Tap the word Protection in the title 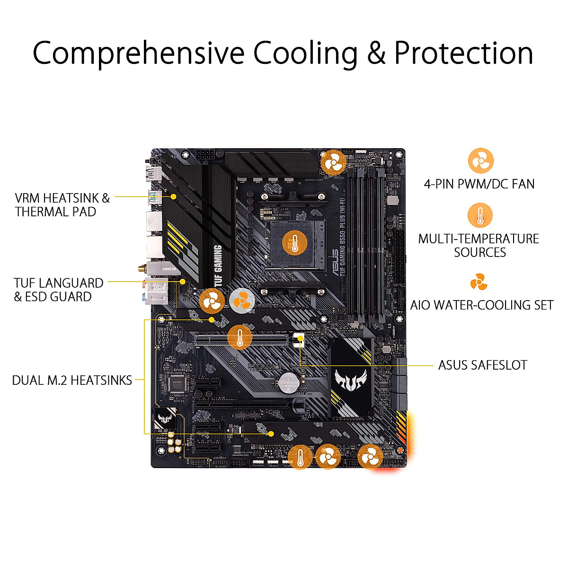463,53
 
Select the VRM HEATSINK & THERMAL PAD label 62,204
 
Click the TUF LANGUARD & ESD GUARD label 59,290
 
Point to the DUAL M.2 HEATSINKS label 72,380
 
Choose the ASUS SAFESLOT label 482,365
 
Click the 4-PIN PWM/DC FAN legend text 479,184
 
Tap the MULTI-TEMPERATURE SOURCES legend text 479,245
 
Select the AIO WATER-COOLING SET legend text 481,305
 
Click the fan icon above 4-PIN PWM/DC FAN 480,161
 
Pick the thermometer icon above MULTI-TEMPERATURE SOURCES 480,216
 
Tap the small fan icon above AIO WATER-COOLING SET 479,283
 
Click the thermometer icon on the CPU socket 294,244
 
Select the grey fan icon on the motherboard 242,300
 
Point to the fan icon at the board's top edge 334,163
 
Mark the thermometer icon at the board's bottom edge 300,457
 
